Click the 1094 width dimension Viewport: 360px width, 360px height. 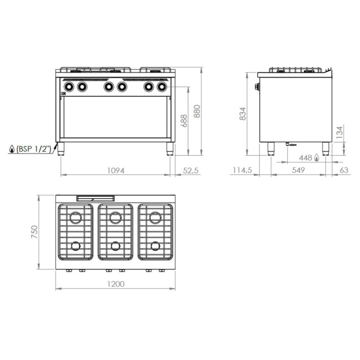click(x=116, y=170)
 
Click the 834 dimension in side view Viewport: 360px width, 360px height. click(x=243, y=114)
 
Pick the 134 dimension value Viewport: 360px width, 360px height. click(x=340, y=131)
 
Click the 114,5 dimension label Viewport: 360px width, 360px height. click(x=243, y=170)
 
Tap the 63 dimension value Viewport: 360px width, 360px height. click(x=344, y=170)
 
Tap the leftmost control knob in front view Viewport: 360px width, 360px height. click(x=68, y=86)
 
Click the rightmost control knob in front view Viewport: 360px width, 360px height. click(x=162, y=86)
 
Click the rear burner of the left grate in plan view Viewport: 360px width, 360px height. click(x=76, y=218)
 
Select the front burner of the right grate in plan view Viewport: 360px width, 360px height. click(x=155, y=246)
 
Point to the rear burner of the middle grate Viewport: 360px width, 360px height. click(x=116, y=218)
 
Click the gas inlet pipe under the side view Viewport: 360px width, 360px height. click(x=289, y=144)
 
